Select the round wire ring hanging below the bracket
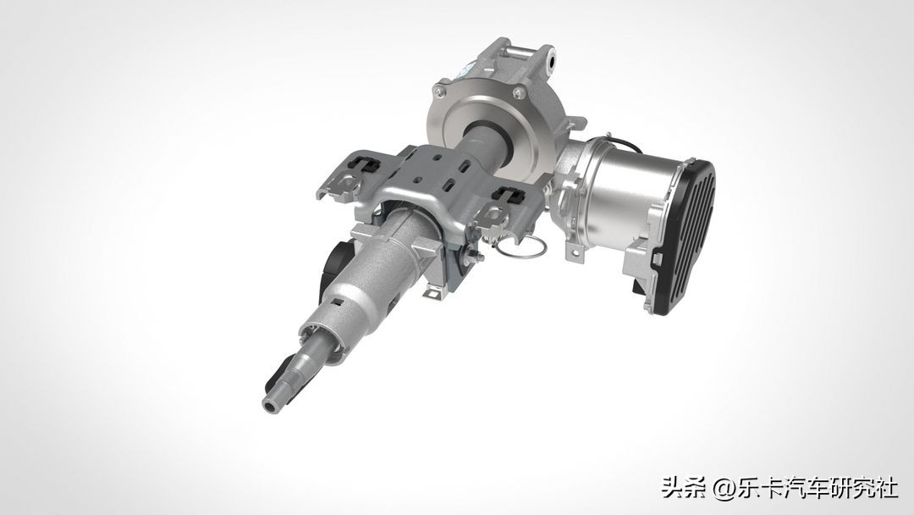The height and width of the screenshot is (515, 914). [x=517, y=246]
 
